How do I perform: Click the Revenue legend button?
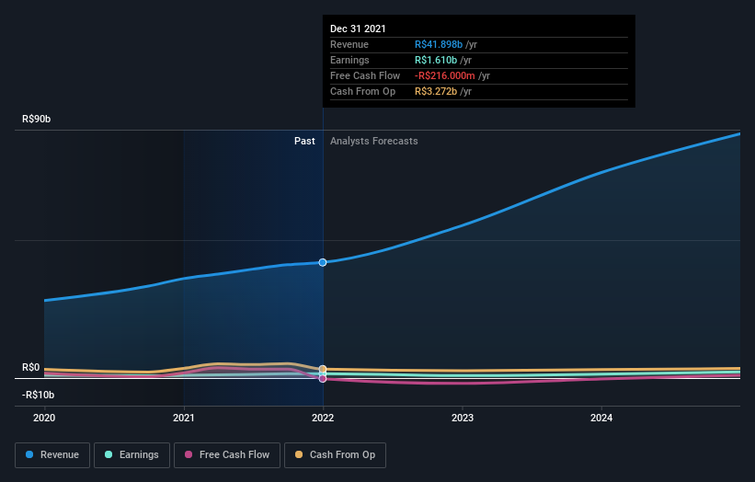pos(52,454)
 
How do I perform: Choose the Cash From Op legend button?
pos(335,454)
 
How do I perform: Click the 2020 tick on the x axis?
pos(44,417)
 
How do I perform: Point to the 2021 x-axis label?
pos(184,417)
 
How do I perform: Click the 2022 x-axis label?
pos(323,417)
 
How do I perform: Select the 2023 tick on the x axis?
pos(463,417)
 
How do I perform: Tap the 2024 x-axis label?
pos(601,417)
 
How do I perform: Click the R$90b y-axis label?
pos(37,119)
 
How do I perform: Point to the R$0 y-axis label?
pos(30,367)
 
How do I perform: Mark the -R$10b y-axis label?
pos(39,395)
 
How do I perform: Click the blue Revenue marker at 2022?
pos(323,262)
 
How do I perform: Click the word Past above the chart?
pos(304,142)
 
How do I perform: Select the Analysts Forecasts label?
pos(373,142)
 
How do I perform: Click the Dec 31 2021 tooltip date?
pos(359,29)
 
